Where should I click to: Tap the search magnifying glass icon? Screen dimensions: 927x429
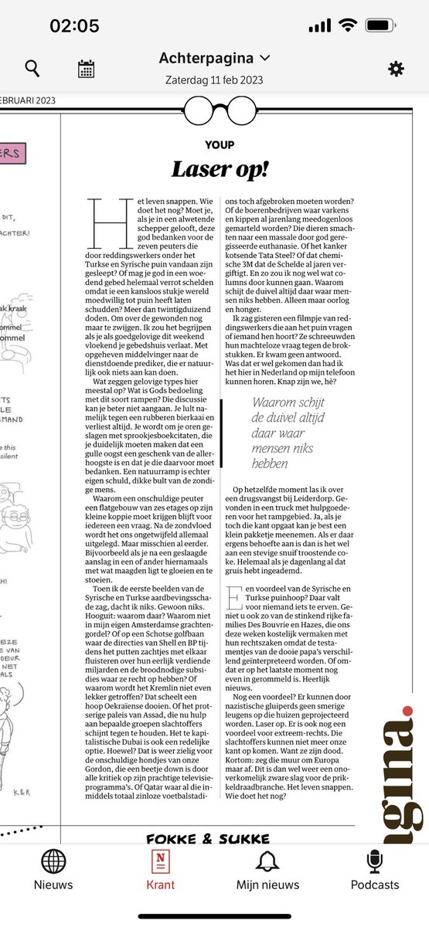(x=32, y=69)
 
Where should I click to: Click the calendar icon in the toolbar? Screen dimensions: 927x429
(x=86, y=69)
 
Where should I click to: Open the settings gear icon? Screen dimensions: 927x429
(x=396, y=69)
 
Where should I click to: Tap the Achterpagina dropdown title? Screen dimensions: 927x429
(x=214, y=58)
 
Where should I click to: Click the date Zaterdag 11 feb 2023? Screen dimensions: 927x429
(x=214, y=80)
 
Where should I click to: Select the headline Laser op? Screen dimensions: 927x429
(x=220, y=169)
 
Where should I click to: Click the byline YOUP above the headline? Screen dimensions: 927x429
(x=220, y=144)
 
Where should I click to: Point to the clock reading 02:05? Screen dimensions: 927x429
(x=74, y=25)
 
